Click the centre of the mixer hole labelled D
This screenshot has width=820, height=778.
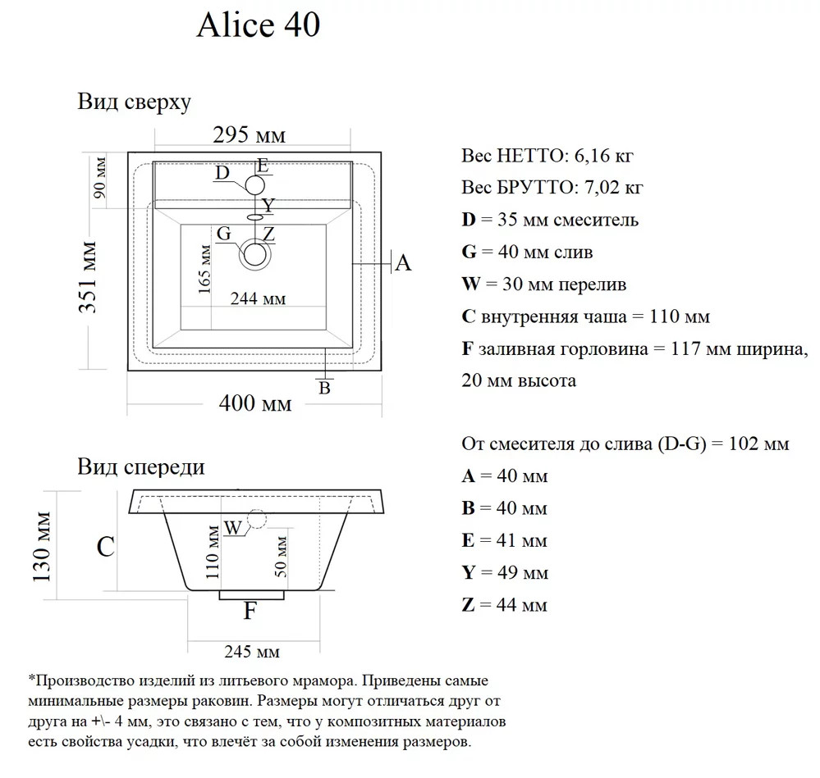point(255,185)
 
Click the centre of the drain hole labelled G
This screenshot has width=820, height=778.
point(255,255)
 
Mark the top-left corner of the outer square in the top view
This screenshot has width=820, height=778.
point(128,152)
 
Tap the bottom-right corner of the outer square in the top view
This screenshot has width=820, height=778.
point(381,371)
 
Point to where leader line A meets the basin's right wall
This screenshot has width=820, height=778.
point(352,264)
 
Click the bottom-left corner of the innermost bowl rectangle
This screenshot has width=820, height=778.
point(181,330)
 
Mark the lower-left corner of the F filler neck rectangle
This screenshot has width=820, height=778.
point(219,599)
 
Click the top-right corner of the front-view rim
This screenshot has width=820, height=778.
point(383,489)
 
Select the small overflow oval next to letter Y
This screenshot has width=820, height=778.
point(255,216)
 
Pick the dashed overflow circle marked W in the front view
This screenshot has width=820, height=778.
point(257,519)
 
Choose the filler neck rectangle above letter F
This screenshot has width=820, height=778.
point(251,595)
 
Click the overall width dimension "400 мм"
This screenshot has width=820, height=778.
point(255,403)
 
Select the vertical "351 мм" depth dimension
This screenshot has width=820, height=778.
point(88,277)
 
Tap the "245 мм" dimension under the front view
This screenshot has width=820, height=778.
point(252,652)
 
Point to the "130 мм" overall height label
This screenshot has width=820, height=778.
point(42,547)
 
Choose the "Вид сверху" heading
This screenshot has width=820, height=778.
point(135,102)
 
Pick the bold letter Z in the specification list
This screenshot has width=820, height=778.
point(468,605)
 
